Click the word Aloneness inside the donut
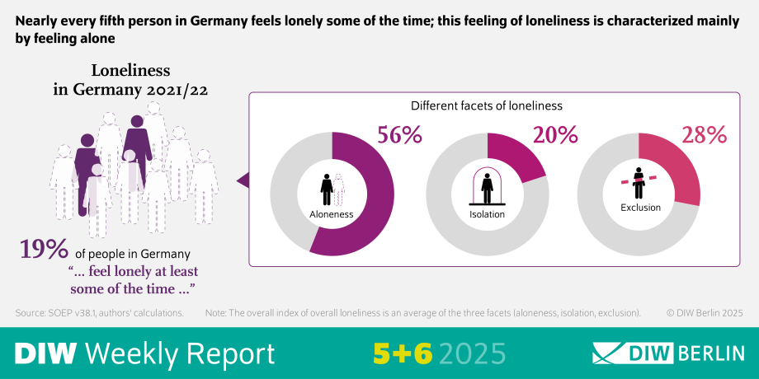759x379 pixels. click(332, 214)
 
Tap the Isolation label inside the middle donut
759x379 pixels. click(487, 214)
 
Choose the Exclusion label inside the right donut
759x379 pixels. click(639, 208)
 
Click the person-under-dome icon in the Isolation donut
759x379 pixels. click(487, 186)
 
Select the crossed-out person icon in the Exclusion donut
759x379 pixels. click(639, 181)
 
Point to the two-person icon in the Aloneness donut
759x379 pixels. click(332, 189)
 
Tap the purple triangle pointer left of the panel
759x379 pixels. click(243, 179)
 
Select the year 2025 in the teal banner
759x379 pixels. click(472, 353)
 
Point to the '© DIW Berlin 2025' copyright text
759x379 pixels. click(705, 313)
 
